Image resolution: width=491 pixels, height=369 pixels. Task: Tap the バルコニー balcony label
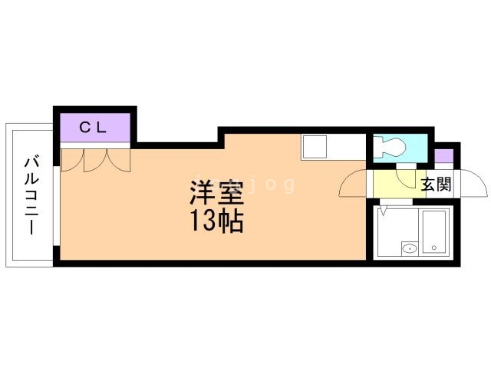[x=31, y=195]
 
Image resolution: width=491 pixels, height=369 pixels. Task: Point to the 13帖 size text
[x=216, y=221]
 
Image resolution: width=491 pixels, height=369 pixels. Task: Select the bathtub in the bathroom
[x=438, y=231]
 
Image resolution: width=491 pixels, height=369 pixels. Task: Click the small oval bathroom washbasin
[x=410, y=248]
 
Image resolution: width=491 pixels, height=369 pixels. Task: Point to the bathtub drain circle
[x=434, y=248]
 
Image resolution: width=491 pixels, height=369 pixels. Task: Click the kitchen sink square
[x=315, y=145]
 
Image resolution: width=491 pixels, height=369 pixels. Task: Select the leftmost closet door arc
[x=70, y=159]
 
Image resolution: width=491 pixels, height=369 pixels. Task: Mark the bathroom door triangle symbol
[x=383, y=208]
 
